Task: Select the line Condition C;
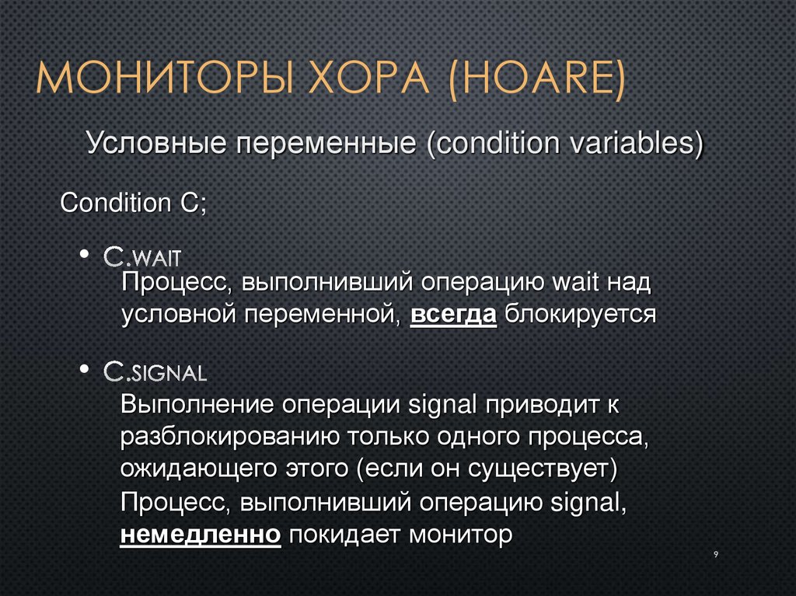click(x=133, y=204)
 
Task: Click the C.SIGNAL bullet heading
click(x=155, y=372)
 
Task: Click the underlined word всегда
click(x=453, y=315)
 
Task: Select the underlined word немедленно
click(x=201, y=535)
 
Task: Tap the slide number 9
click(x=714, y=554)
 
